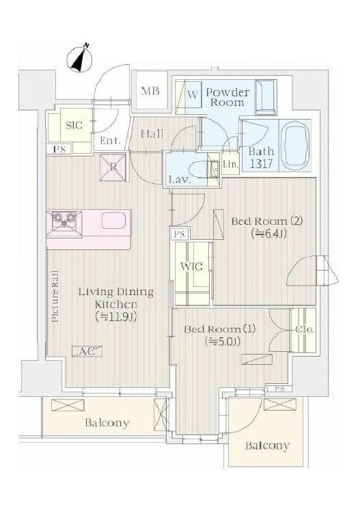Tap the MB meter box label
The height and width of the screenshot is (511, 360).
pyautogui.click(x=150, y=91)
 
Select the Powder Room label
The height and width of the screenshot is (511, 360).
pyautogui.click(x=227, y=97)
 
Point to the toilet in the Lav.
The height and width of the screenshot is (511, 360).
pyautogui.click(x=200, y=169)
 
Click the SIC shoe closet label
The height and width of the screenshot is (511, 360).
pyautogui.click(x=74, y=125)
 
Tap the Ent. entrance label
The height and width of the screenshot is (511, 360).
pyautogui.click(x=111, y=141)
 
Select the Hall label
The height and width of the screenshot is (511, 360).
pyautogui.click(x=152, y=134)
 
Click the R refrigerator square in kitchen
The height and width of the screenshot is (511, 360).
pyautogui.click(x=113, y=167)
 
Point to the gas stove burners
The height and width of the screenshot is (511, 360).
pyautogui.click(x=64, y=221)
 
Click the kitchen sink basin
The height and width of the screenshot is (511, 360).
pyautogui.click(x=114, y=221)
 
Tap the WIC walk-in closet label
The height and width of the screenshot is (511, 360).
pyautogui.click(x=191, y=266)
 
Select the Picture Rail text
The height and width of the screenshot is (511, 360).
pyautogui.click(x=55, y=296)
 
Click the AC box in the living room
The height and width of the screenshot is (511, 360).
pyautogui.click(x=87, y=351)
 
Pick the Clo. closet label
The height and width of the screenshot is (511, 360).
pyautogui.click(x=305, y=329)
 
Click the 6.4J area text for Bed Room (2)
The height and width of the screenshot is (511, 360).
pyautogui.click(x=269, y=234)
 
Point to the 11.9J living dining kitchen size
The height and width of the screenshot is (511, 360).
pyautogui.click(x=116, y=316)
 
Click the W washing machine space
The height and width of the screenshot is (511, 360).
pyautogui.click(x=193, y=96)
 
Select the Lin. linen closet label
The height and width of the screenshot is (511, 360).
pyautogui.click(x=230, y=165)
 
